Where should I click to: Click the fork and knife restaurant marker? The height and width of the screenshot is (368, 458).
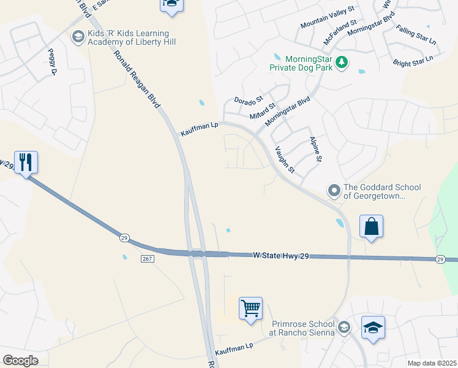pos(26,163)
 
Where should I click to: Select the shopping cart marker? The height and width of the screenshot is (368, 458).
pos(251,309)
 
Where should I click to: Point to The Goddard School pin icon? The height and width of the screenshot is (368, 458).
pos(334,191)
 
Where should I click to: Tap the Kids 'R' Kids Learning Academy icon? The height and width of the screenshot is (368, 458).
pos(77,37)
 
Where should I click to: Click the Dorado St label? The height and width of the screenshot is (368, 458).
pos(248,98)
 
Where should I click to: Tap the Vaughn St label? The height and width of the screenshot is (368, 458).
pos(285,159)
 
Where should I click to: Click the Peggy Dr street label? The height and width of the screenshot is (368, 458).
pos(50,64)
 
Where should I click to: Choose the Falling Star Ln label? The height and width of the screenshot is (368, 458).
pos(416,36)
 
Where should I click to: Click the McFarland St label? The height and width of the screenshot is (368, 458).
pos(340,33)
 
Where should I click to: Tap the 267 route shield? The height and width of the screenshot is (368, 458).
pos(147,259)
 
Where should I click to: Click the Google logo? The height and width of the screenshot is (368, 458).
pos(20,361)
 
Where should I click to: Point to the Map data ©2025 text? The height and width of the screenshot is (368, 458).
pos(431,363)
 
